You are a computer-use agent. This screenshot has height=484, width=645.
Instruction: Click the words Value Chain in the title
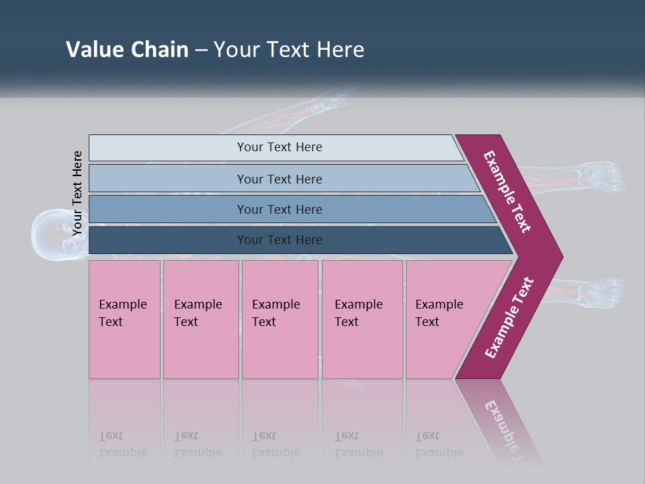127,50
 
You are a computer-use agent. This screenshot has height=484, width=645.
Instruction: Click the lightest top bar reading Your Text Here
279,147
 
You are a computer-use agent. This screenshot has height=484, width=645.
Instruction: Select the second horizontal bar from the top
279,179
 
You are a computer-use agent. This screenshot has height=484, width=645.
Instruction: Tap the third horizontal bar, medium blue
279,210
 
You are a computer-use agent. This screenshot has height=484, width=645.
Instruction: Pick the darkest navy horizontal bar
279,240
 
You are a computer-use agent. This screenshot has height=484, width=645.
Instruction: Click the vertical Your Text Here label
77,193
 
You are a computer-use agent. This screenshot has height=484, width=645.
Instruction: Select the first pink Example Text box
124,319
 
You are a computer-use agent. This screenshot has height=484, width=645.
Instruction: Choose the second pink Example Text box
200,319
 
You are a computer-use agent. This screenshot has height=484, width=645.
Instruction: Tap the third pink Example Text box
279,319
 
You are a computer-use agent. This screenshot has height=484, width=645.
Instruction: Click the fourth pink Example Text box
362,319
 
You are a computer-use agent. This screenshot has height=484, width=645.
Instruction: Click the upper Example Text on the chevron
507,192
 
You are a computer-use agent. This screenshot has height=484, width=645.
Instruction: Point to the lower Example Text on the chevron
509,318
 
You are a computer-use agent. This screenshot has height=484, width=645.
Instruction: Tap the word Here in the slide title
341,50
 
